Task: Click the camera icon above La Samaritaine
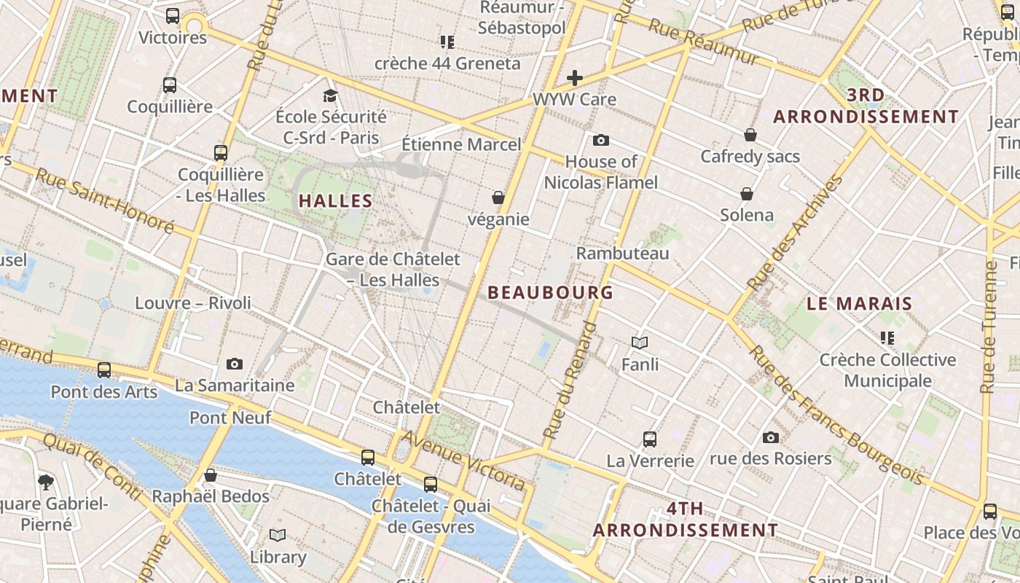pyautogui.click(x=235, y=364)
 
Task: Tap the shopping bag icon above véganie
pyautogui.click(x=498, y=197)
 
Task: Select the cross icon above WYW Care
pyautogui.click(x=575, y=78)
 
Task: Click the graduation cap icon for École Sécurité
pyautogui.click(x=331, y=95)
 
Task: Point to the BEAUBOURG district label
pyautogui.click(x=550, y=292)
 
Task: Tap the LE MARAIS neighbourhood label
pyautogui.click(x=860, y=304)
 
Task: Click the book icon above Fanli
pyautogui.click(x=640, y=343)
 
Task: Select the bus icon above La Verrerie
pyautogui.click(x=650, y=439)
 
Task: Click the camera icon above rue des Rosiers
pyautogui.click(x=770, y=437)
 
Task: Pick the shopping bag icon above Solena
pyautogui.click(x=747, y=194)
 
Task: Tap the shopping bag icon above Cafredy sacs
pyautogui.click(x=750, y=135)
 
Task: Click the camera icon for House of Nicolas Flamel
pyautogui.click(x=600, y=140)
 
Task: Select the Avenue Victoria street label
pyautogui.click(x=463, y=460)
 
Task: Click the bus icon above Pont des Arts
pyautogui.click(x=104, y=370)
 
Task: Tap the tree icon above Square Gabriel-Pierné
pyautogui.click(x=46, y=481)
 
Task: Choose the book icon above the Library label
pyautogui.click(x=278, y=536)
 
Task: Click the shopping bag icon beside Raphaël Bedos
pyautogui.click(x=211, y=475)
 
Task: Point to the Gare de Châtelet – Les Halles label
pyautogui.click(x=393, y=269)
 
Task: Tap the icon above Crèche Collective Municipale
pyautogui.click(x=887, y=337)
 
